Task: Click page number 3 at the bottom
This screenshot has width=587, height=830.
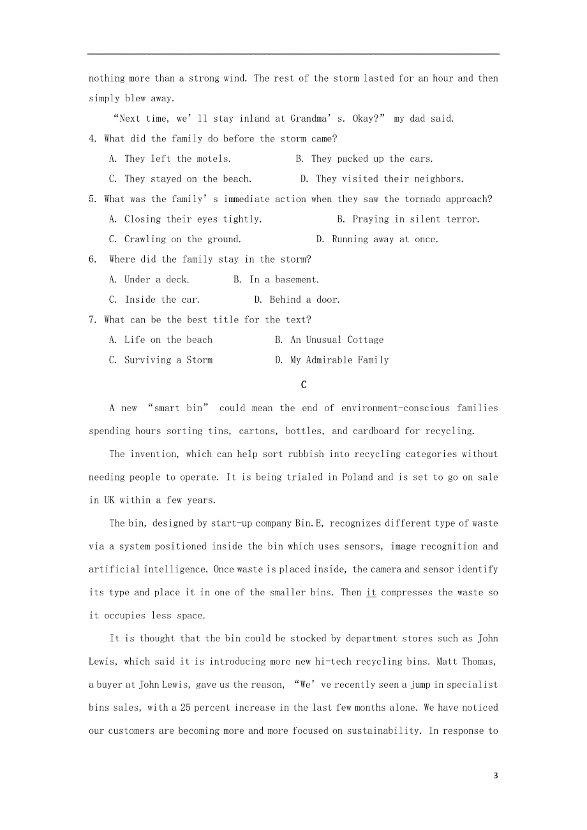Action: click(x=496, y=776)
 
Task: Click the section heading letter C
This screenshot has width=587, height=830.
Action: click(x=304, y=384)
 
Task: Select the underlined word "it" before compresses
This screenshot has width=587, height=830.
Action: click(x=371, y=593)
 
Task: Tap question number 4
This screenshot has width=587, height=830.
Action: click(x=93, y=138)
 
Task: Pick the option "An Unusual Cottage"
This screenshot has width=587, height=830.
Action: click(x=337, y=340)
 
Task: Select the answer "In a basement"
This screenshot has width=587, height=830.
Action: click(x=284, y=280)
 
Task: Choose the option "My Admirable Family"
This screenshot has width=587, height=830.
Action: click(x=339, y=360)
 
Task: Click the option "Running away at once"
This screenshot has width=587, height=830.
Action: click(x=385, y=240)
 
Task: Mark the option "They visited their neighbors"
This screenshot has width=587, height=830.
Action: click(x=390, y=179)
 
